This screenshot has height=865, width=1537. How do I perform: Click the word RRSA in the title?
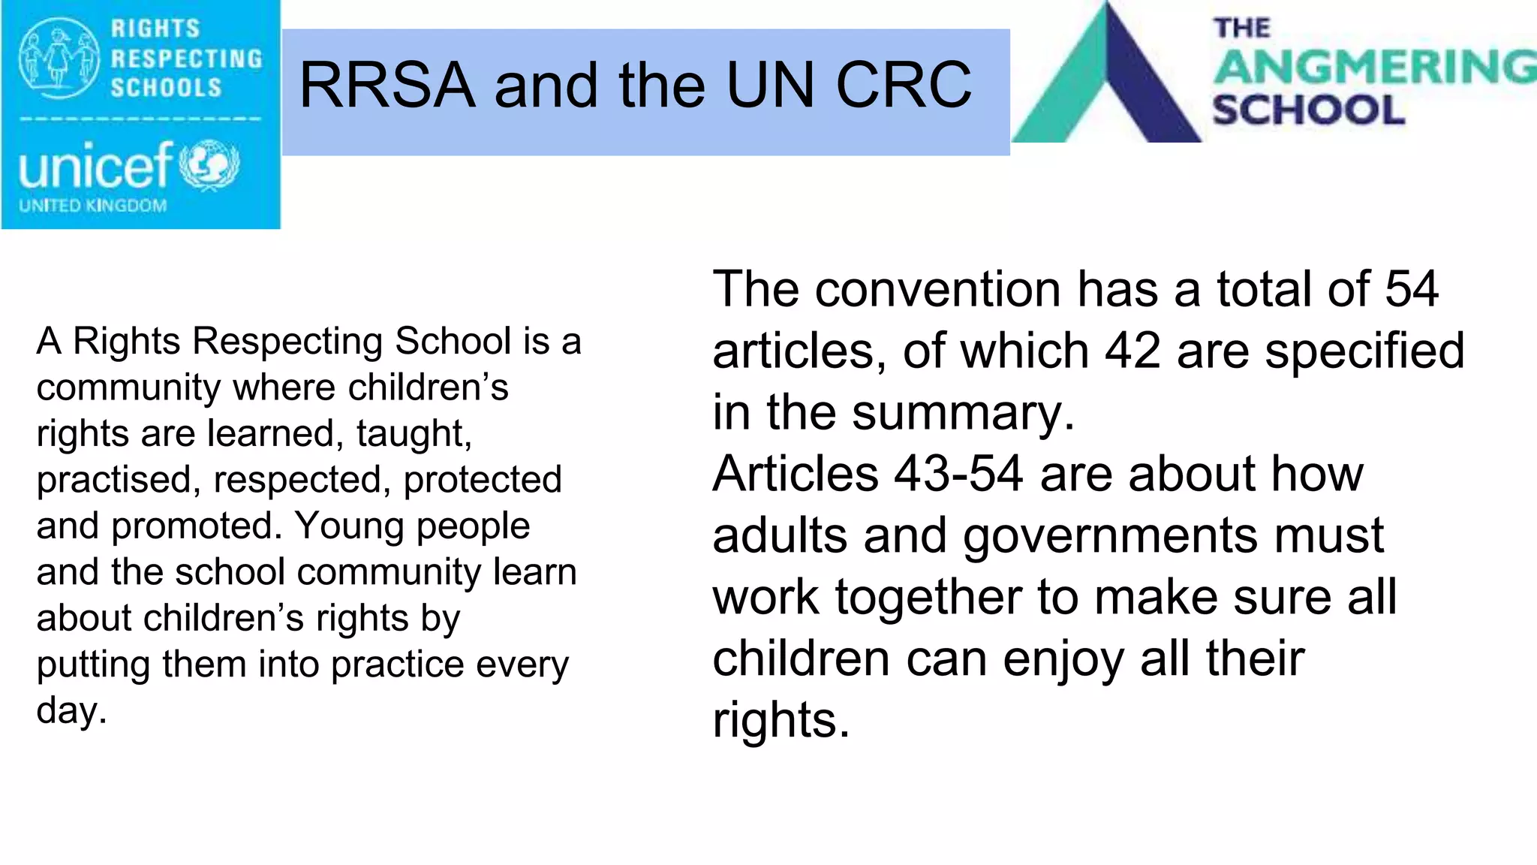[387, 85]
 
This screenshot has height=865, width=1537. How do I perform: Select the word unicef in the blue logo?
[96, 166]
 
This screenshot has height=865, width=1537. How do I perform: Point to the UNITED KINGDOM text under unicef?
[93, 206]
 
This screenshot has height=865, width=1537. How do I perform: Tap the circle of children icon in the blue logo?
[59, 58]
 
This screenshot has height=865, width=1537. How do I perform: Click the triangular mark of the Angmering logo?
[1108, 83]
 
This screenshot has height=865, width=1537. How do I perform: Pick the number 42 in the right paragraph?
[1132, 351]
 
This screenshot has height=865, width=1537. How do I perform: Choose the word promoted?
[197, 526]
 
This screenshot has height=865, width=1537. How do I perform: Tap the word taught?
[413, 433]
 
